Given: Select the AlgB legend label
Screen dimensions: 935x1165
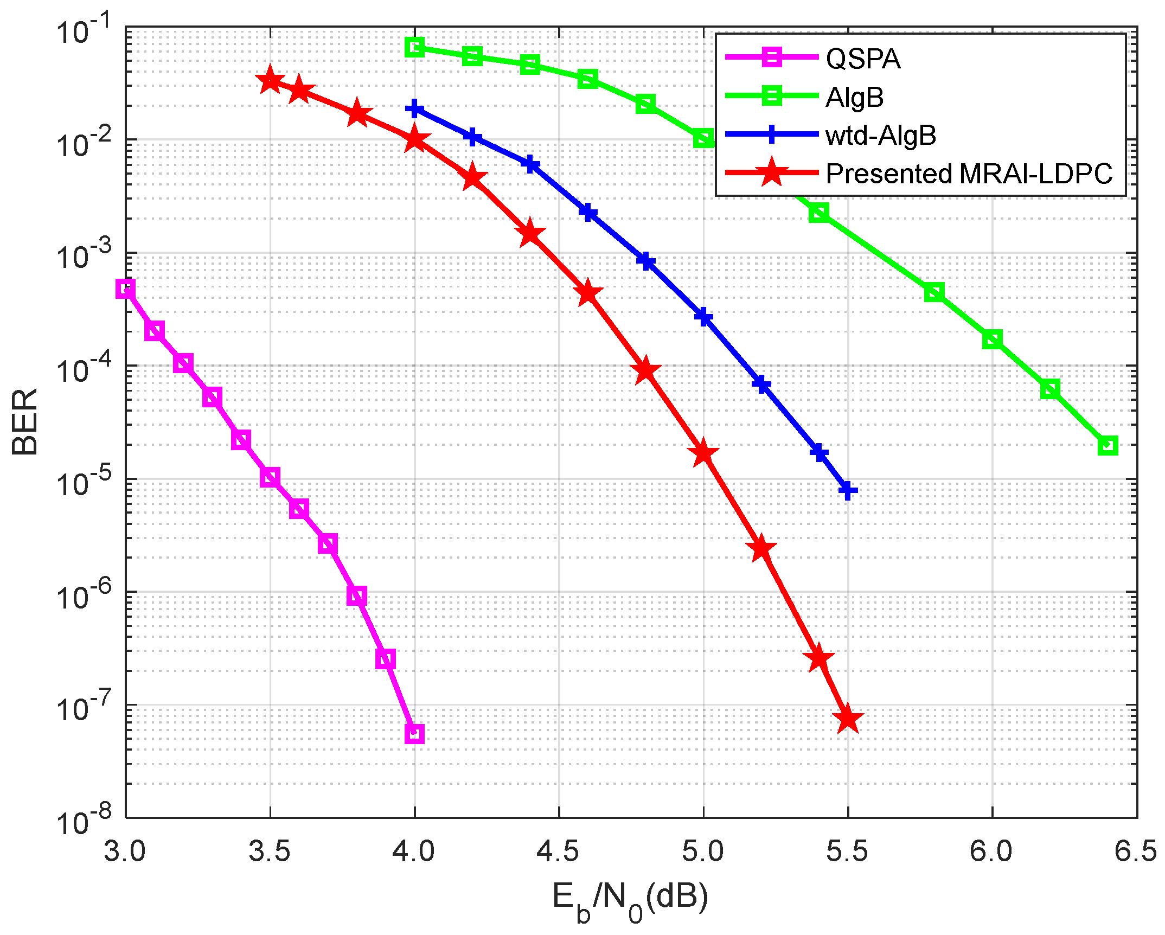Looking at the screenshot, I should [x=854, y=98].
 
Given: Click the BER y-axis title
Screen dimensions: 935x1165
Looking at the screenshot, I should [x=24, y=422].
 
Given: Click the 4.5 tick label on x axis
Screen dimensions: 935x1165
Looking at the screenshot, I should [x=558, y=852].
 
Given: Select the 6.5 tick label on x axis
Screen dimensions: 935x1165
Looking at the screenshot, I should [x=1135, y=852].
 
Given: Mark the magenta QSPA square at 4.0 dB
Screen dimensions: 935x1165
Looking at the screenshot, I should [x=414, y=734].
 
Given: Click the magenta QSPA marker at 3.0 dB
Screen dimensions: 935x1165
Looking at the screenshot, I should [x=125, y=289].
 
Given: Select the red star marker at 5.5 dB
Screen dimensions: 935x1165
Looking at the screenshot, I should [x=848, y=720].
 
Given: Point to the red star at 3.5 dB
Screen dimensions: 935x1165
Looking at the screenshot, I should [x=270, y=81].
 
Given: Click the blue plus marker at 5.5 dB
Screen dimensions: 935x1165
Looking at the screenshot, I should [x=848, y=491].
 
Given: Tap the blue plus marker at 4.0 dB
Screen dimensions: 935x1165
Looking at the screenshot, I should [x=415, y=108].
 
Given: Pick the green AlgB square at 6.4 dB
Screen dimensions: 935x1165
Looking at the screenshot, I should [x=1108, y=446].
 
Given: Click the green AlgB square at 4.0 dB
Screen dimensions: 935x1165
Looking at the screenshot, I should [x=415, y=47].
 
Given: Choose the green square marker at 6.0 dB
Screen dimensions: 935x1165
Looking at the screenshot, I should [x=993, y=340].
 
